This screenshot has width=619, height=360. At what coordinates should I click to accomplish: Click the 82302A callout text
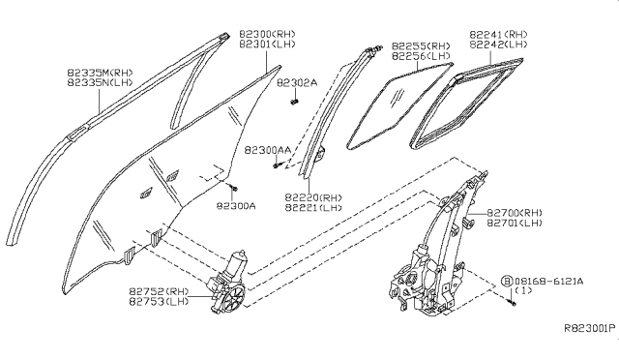click(296, 83)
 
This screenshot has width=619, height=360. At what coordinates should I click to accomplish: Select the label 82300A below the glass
click(236, 205)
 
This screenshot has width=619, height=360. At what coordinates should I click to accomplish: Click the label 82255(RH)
click(421, 45)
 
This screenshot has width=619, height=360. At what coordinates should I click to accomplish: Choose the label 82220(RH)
click(311, 197)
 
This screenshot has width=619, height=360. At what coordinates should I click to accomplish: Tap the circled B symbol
click(506, 280)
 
